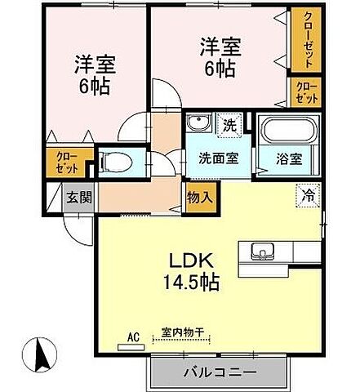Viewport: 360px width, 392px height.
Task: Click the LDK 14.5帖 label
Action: click(193, 272)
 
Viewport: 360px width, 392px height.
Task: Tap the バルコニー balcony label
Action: click(219, 370)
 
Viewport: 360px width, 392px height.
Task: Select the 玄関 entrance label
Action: click(79, 197)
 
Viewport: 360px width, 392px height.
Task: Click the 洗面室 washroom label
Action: click(219, 158)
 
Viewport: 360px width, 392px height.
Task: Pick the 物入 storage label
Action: click(199, 197)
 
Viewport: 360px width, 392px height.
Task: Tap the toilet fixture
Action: click(117, 159)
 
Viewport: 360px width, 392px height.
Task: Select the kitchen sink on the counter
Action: click(262, 250)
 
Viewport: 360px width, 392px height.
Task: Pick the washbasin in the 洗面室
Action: click(195, 126)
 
